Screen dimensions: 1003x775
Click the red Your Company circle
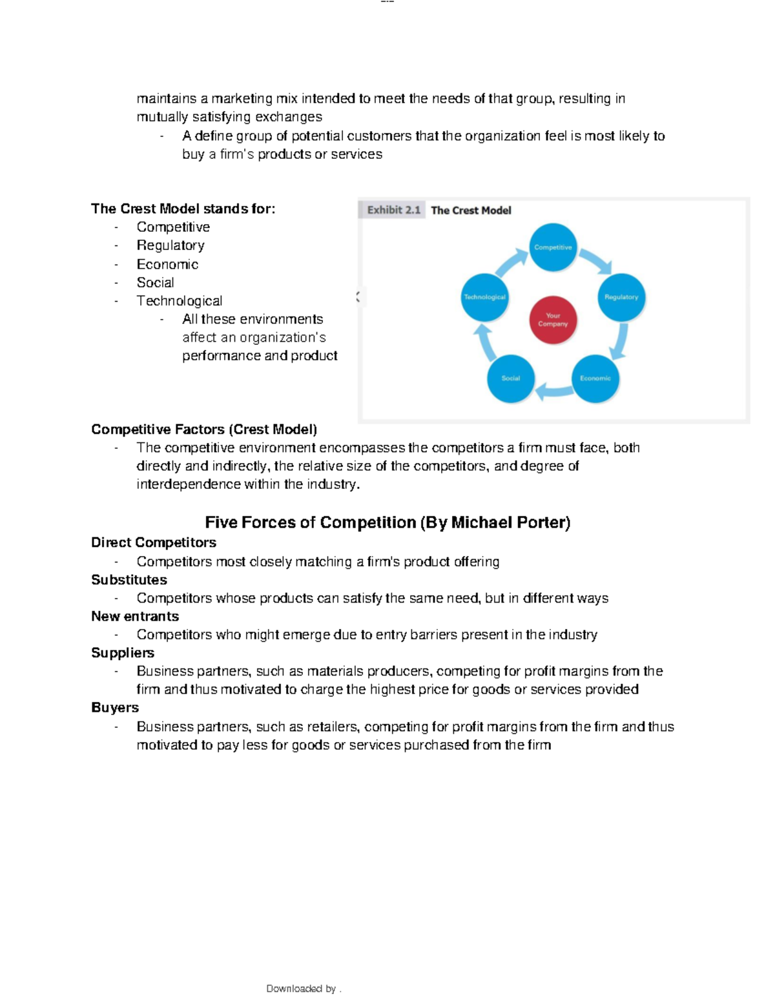(x=553, y=320)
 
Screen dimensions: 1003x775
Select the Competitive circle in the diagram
(x=553, y=247)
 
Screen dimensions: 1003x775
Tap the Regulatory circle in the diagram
(x=621, y=297)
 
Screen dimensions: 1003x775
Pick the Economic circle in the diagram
(x=595, y=378)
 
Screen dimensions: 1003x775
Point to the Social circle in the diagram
(x=510, y=378)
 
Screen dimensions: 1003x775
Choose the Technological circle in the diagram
(x=484, y=297)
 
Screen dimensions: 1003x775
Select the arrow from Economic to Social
(x=552, y=389)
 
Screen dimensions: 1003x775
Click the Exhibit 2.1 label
(x=393, y=210)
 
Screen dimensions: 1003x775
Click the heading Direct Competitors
(x=154, y=543)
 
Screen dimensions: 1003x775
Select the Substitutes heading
(x=129, y=580)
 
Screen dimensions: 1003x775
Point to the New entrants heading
(x=135, y=616)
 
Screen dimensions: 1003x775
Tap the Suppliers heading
(x=123, y=653)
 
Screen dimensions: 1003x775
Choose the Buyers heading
(x=115, y=707)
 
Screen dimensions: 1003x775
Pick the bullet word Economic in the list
(x=167, y=264)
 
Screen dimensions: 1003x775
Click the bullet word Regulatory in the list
(x=170, y=245)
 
